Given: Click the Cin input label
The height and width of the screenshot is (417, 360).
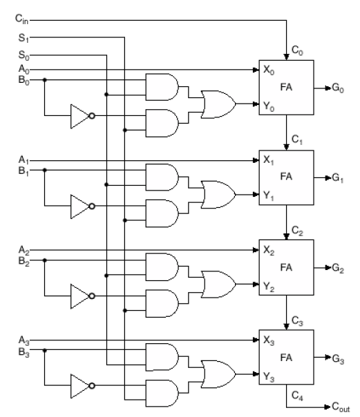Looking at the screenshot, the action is (x=21, y=19).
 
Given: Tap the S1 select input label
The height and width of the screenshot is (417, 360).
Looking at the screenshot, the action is (x=23, y=38).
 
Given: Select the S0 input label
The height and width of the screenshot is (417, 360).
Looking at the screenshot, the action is (x=23, y=55).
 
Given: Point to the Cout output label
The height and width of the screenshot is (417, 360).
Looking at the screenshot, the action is (x=341, y=407).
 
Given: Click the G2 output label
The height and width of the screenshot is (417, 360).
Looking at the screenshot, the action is (x=338, y=268).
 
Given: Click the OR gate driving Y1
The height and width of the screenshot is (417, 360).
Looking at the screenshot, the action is (x=218, y=195).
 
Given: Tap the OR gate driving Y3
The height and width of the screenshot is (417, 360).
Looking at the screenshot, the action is (x=218, y=374).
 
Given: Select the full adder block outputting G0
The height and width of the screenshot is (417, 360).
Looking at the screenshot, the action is (x=286, y=88).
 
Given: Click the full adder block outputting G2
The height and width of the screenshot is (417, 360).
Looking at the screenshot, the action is (x=286, y=267).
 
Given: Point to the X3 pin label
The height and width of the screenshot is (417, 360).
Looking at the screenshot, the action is (x=269, y=340).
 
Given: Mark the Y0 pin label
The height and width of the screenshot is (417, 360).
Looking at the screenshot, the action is (x=269, y=106).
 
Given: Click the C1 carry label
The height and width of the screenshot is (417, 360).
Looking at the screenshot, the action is (x=297, y=139).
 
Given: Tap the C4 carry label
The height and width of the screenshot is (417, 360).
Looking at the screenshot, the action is (x=297, y=396).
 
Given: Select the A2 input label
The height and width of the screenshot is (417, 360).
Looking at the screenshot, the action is (x=23, y=250).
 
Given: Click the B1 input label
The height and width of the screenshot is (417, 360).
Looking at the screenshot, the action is (x=23, y=171).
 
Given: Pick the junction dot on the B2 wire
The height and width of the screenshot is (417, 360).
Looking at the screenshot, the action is (x=45, y=260).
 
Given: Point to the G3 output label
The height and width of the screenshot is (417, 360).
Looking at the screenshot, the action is (x=338, y=358).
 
